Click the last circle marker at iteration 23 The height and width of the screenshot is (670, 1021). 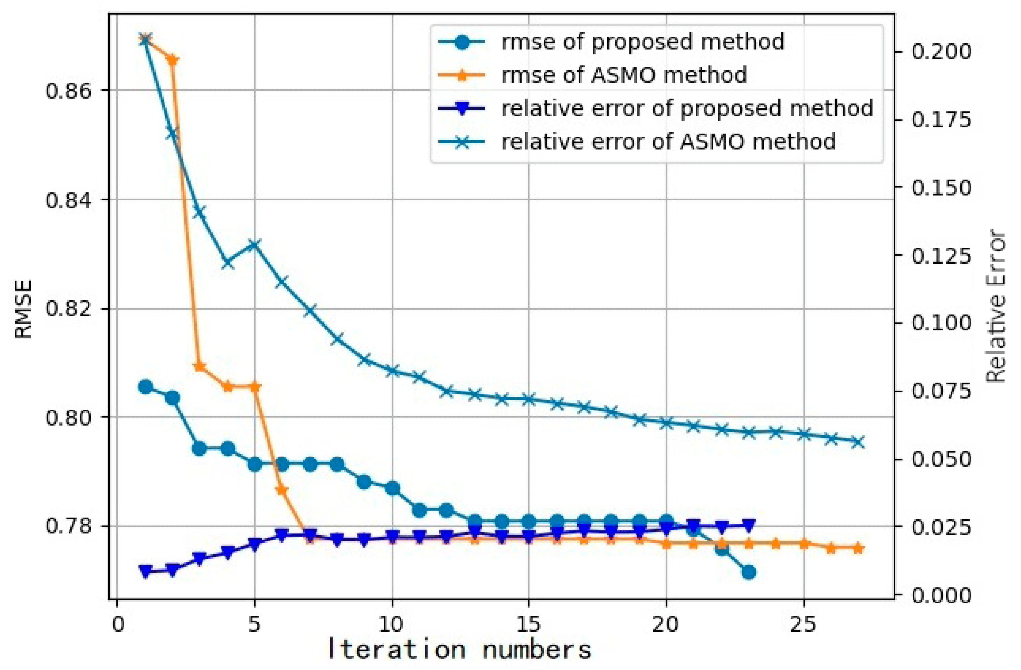click(x=749, y=573)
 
